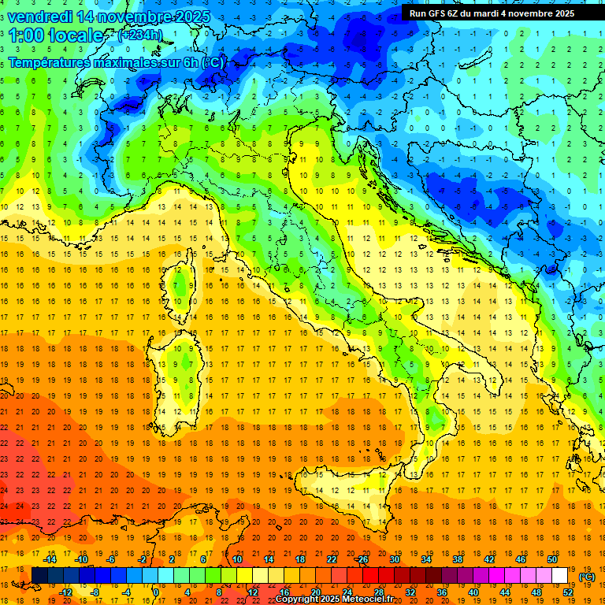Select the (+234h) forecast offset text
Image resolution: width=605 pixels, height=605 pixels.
click(140, 35)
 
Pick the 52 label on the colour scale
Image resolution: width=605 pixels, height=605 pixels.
click(568, 592)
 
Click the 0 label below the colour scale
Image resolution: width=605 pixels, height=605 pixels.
click(156, 592)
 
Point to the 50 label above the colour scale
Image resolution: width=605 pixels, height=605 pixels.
click(552, 559)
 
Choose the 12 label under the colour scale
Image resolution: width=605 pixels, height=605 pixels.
click(253, 592)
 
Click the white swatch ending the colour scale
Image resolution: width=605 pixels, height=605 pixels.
click(559, 576)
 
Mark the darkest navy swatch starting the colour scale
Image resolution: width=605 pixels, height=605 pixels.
click(39, 576)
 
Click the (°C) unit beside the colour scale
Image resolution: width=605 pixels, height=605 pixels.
click(587, 577)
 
